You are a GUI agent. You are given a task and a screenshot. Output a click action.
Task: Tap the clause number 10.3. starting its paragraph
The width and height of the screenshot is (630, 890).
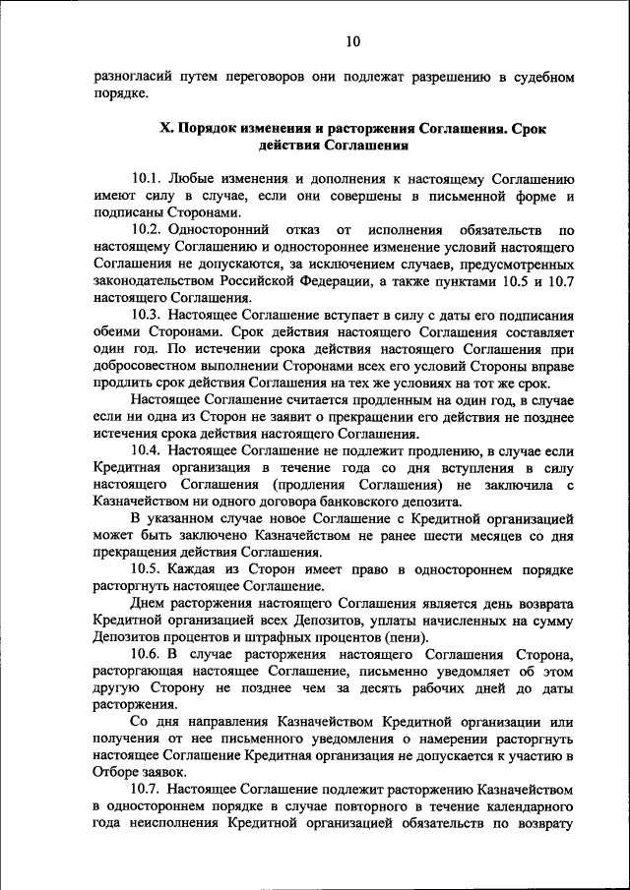(147, 316)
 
